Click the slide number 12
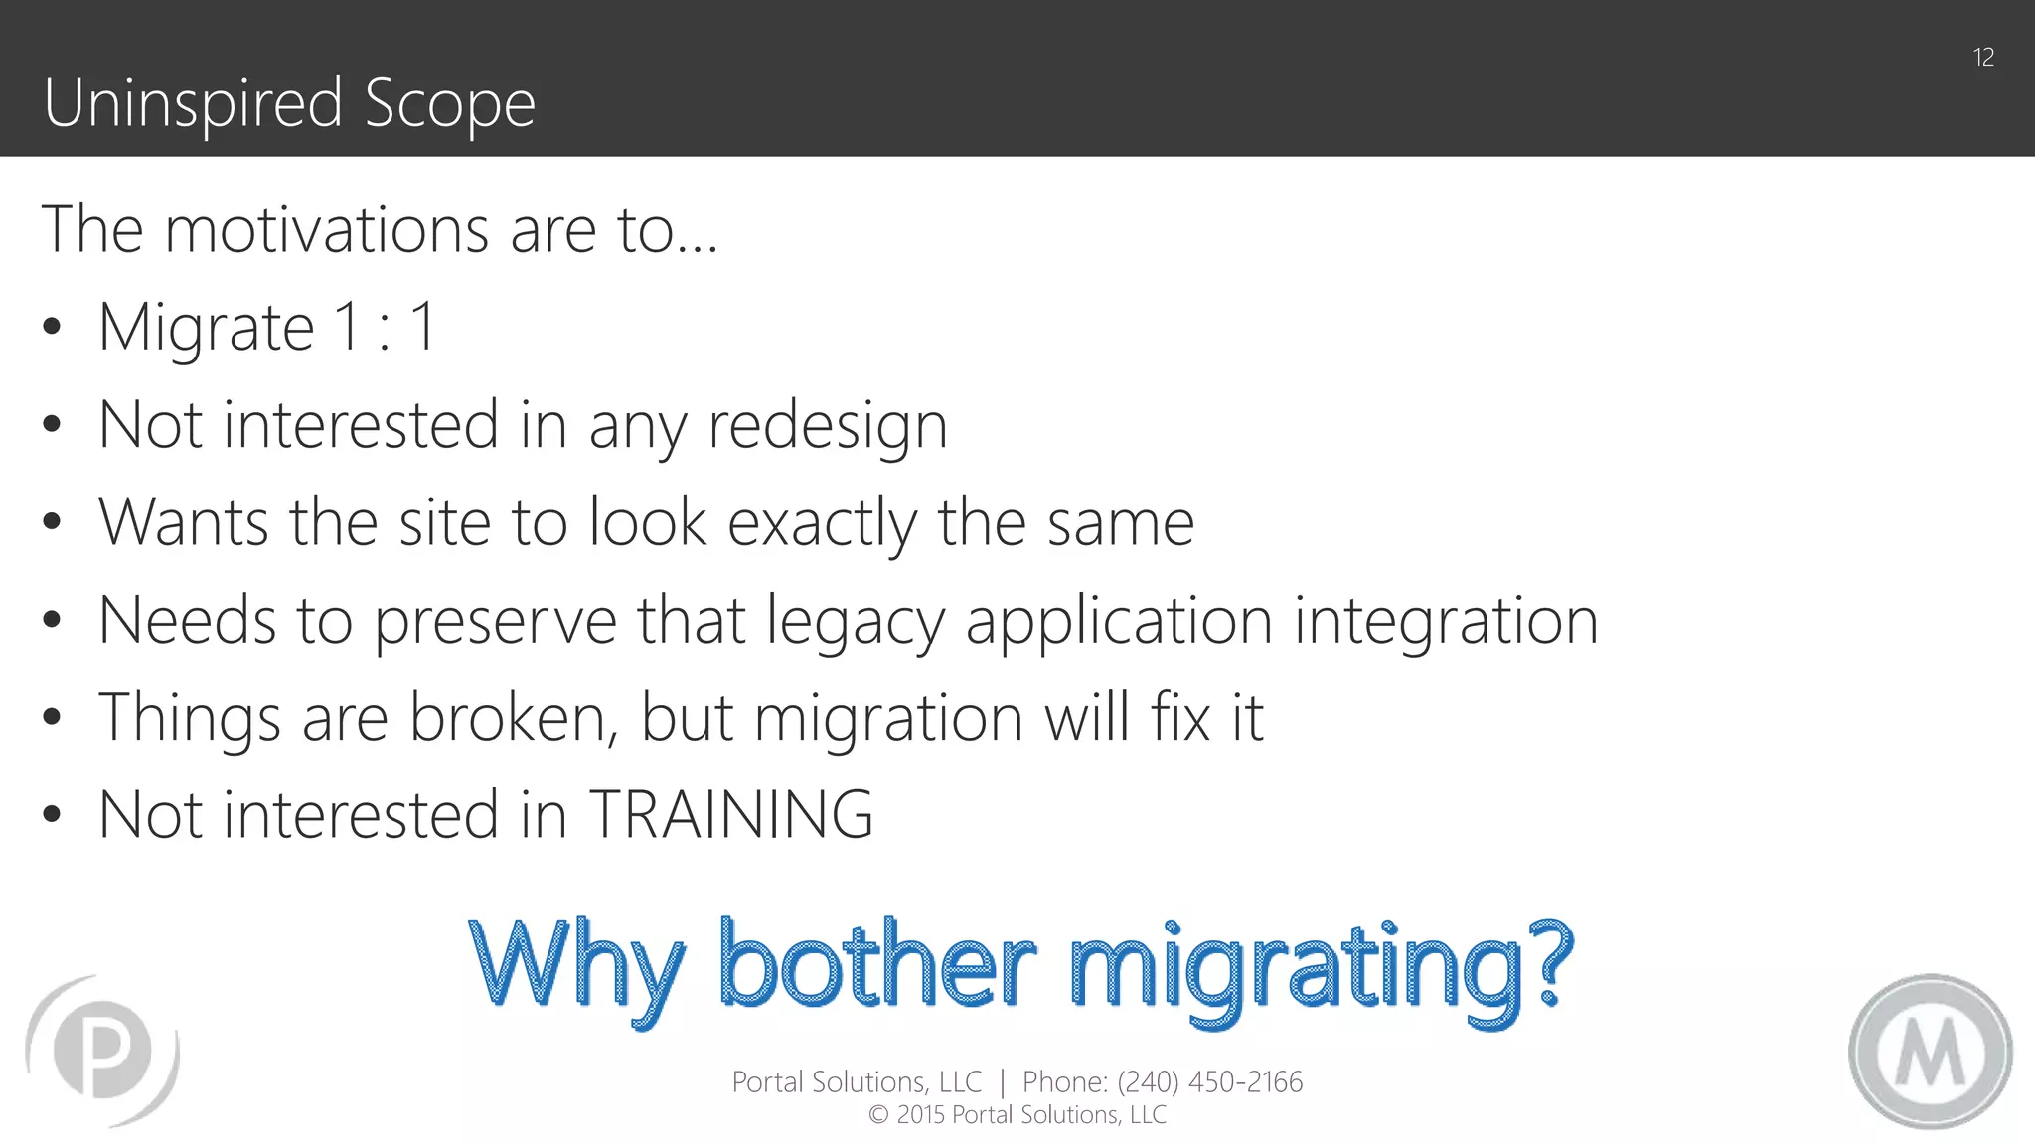coord(1983,58)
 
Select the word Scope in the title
coord(450,104)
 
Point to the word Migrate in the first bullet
coord(207,328)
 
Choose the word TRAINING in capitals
coord(731,815)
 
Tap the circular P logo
coord(102,1051)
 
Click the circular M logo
coord(1930,1052)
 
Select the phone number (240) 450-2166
coord(1209,1081)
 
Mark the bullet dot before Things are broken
coord(52,717)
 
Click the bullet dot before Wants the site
coord(52,522)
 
